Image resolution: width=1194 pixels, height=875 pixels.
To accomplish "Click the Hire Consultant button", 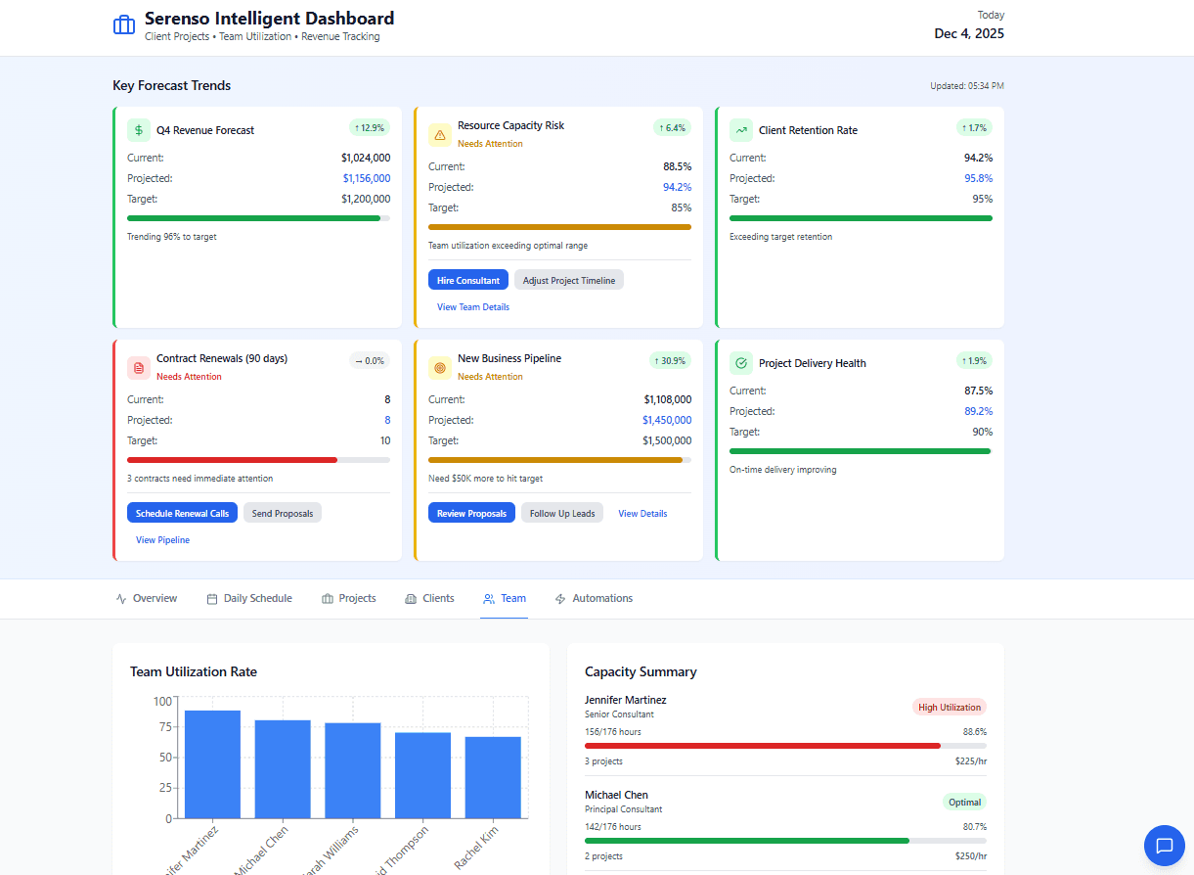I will (x=467, y=280).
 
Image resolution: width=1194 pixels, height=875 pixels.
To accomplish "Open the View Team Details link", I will (x=472, y=307).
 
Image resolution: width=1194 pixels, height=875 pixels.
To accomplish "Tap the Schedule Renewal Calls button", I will (x=182, y=513).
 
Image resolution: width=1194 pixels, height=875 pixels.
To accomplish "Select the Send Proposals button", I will (x=282, y=513).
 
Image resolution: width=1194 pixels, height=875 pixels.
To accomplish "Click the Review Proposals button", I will (x=471, y=513).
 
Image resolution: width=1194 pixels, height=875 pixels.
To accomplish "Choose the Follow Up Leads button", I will (x=561, y=513).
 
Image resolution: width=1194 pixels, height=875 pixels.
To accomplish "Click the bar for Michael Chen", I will (x=283, y=768).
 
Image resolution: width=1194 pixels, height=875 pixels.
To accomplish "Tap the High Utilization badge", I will (x=949, y=707).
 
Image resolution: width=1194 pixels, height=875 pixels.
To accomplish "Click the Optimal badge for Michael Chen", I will (x=964, y=802).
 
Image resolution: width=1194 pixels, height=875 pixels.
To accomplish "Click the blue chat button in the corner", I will (x=1164, y=846).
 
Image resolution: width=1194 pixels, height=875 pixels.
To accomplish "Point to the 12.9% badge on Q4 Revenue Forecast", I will (x=370, y=127).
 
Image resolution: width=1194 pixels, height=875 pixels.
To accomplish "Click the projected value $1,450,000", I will (x=666, y=420).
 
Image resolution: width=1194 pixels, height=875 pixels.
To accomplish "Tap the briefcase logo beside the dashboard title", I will (x=124, y=25).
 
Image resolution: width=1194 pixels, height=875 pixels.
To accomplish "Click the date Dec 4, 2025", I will (x=968, y=33).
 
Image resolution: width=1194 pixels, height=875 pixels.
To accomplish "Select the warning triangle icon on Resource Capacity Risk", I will (x=440, y=134).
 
